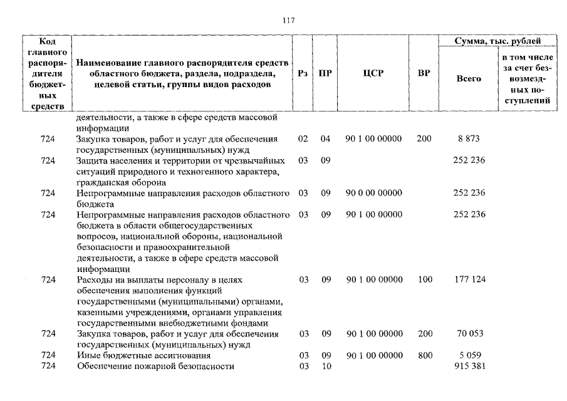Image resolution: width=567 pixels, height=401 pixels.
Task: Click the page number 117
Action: pos(288,19)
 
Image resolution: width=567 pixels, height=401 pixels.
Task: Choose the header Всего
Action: pos(469,79)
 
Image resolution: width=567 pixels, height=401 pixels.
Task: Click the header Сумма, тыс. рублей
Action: pos(498,41)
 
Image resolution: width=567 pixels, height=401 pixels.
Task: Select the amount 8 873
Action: pos(469,138)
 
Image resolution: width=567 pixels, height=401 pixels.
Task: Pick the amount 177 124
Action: pos(469,279)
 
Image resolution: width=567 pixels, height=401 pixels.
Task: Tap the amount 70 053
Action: pos(469,334)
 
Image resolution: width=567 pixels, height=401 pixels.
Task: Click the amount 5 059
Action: pos(469,355)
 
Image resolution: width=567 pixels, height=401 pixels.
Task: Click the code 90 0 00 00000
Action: pos(373,193)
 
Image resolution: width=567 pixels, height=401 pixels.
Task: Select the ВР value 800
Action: pos(425,355)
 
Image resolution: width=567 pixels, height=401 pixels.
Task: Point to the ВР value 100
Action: pos(425,279)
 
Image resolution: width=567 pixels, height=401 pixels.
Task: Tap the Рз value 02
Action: pos(303,138)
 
